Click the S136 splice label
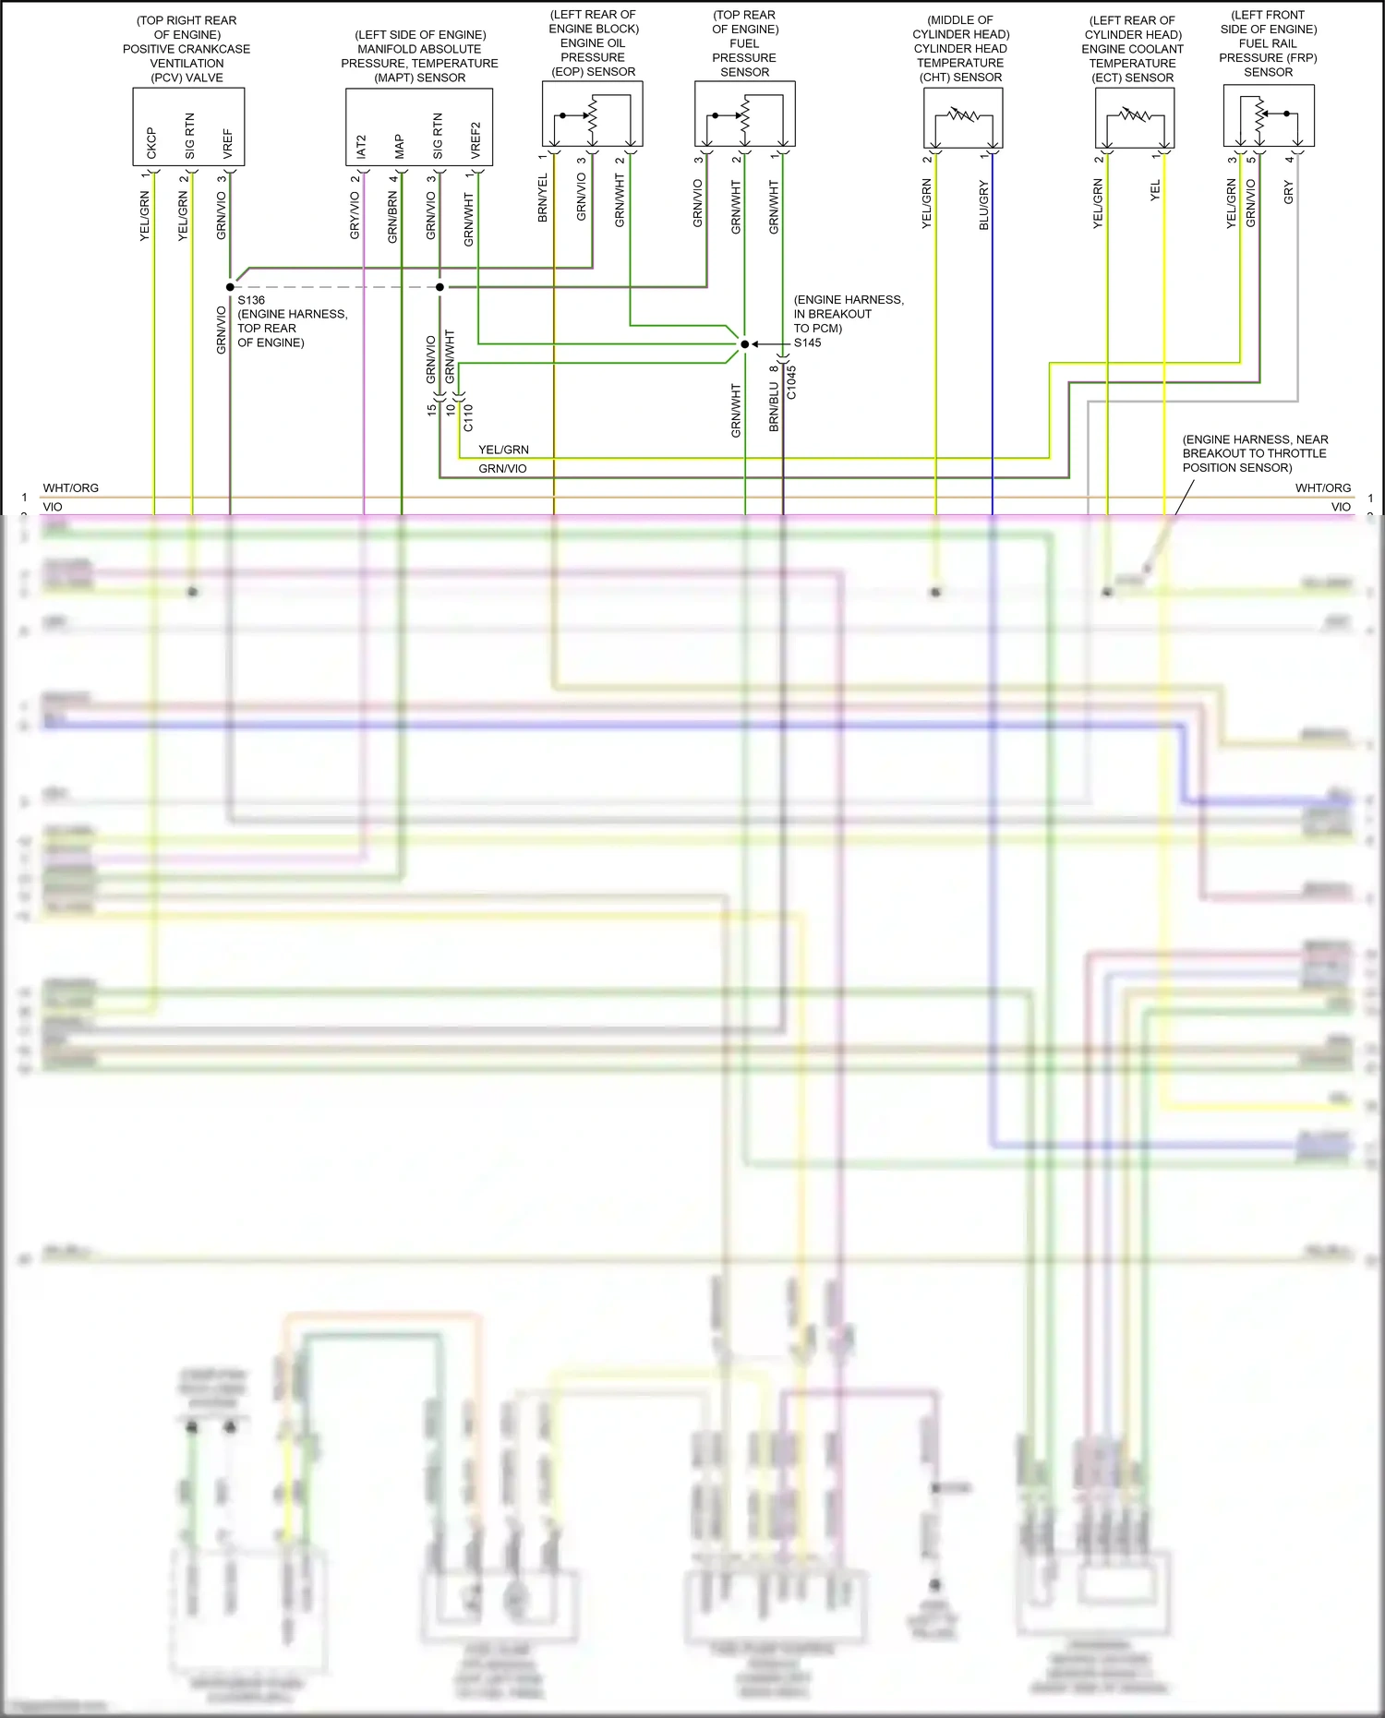click(251, 300)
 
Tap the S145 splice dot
click(744, 344)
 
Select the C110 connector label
click(468, 417)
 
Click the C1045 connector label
click(791, 382)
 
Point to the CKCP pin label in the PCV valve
click(151, 142)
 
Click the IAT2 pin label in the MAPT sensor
click(361, 146)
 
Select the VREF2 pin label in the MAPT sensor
click(476, 139)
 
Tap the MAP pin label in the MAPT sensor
click(399, 146)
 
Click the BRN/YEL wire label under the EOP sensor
click(543, 198)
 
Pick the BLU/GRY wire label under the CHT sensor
click(983, 205)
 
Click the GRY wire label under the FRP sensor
click(1288, 192)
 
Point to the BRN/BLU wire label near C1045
click(774, 407)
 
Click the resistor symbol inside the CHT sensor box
click(963, 115)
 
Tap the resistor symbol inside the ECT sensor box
click(1135, 115)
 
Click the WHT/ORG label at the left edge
click(70, 487)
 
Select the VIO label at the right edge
click(1341, 507)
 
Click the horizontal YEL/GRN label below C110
click(503, 450)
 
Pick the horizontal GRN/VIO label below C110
click(502, 469)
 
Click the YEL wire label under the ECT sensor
click(1154, 191)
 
